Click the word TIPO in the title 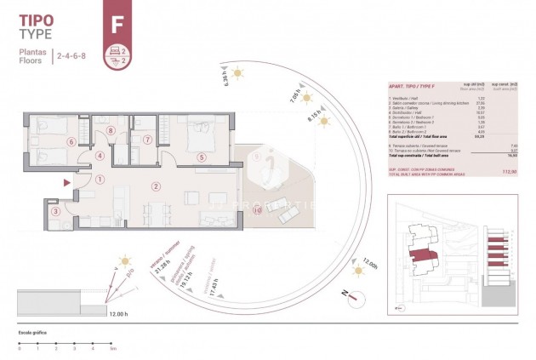(x=37, y=19)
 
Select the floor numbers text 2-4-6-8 (x=74, y=56)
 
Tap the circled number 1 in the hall (x=100, y=180)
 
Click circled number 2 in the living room (x=156, y=186)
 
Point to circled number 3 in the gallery (x=55, y=212)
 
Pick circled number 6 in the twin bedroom (x=71, y=142)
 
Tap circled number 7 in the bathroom (x=146, y=140)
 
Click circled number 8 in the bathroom (x=111, y=131)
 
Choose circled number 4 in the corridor (x=100, y=156)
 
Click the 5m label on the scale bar (x=112, y=348)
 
